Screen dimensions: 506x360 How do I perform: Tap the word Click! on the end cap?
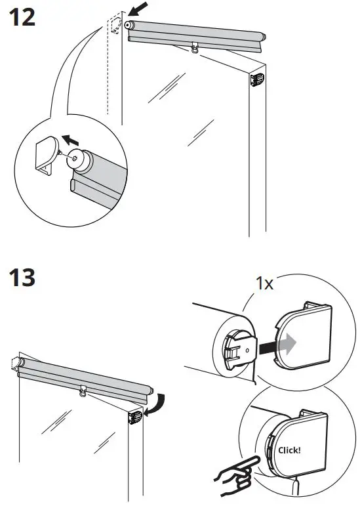pos(289,450)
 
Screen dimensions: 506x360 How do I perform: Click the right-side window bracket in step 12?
pos(256,80)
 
